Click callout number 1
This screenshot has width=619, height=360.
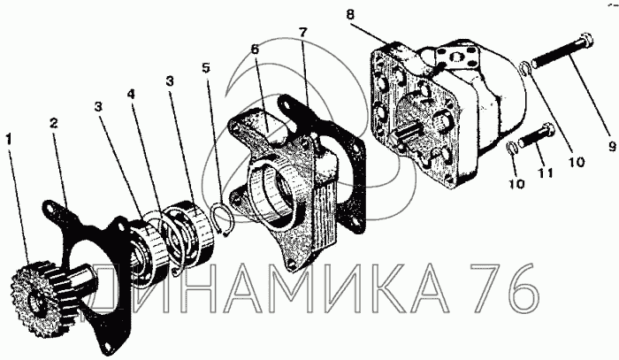9,139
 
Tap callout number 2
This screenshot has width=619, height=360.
54,123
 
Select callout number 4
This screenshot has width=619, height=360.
131,95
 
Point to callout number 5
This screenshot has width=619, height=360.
206,67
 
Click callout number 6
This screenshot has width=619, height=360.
255,50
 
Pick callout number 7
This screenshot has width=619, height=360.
302,32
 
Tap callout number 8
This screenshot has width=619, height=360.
350,15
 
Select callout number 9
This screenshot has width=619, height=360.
612,147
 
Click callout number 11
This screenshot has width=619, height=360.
545,172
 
